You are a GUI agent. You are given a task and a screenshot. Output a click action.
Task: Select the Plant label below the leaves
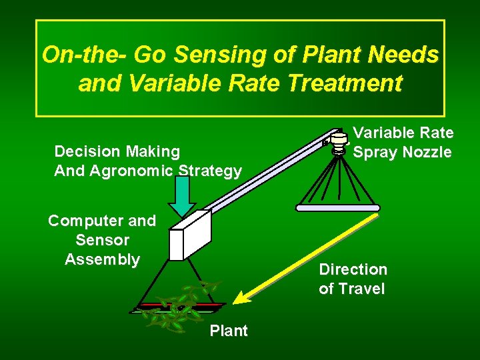tap(229, 331)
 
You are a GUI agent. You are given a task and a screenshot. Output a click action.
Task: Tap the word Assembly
tap(102, 259)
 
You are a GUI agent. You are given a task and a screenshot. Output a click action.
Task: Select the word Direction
tap(353, 269)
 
